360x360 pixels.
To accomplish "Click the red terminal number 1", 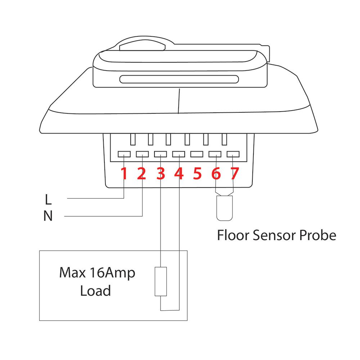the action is (124, 174).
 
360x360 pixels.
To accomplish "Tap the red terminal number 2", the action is (141, 174).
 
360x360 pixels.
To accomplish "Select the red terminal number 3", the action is (161, 174).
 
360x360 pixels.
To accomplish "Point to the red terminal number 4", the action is (179, 174).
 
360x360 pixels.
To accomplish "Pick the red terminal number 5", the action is (197, 174).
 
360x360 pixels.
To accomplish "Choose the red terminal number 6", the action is (216, 174).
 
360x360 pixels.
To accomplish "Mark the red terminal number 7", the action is (235, 174).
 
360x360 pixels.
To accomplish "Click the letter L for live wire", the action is (48, 199).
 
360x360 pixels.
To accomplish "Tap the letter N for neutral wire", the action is (48, 216).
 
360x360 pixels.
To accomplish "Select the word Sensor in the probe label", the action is (274, 235).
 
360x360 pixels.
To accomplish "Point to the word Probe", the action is (318, 235).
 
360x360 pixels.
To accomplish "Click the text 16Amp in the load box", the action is (112, 273).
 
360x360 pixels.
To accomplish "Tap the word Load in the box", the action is (95, 291).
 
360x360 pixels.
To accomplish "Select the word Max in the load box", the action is (73, 273).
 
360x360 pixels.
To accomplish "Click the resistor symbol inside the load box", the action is (161, 282).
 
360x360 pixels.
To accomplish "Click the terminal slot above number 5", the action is (197, 154).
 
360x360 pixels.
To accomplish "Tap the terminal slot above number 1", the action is (124, 154).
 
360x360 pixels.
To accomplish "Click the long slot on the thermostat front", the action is (179, 79).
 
